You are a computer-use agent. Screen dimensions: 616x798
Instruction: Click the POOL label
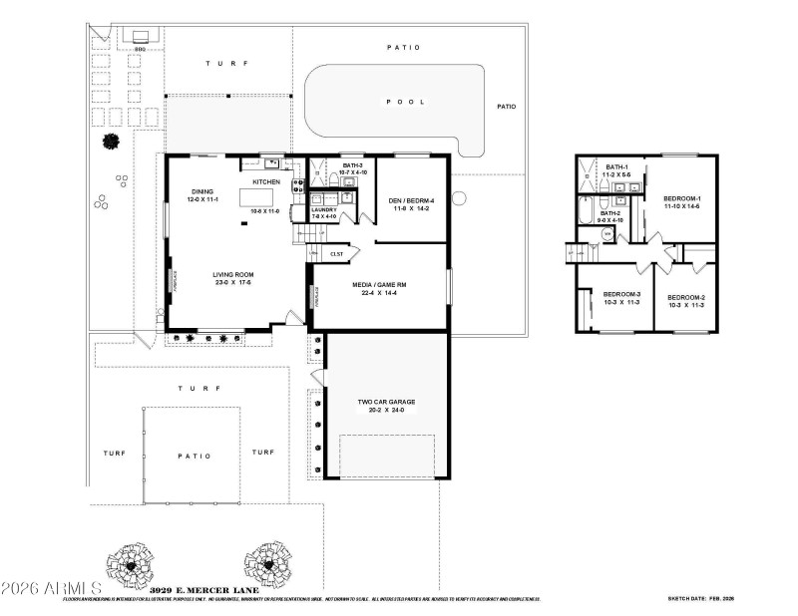coord(406,102)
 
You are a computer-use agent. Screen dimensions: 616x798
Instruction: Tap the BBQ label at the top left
coord(141,47)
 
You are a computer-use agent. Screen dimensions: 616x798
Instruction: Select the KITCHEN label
coord(265,182)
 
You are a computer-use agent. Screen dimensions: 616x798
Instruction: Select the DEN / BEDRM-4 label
coord(411,199)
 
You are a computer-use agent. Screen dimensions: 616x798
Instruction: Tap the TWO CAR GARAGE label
coord(387,402)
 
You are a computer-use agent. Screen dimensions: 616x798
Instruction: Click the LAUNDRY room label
coord(324,209)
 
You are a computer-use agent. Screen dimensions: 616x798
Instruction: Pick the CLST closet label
coord(337,254)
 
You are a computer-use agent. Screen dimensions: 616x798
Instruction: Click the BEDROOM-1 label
coord(682,199)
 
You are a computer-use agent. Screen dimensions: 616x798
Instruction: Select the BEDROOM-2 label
coord(686,297)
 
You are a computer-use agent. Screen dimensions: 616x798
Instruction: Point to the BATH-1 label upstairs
coord(616,166)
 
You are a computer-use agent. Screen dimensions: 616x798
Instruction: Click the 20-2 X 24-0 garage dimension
coord(387,410)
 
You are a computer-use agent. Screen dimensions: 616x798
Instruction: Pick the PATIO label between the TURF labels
coord(196,457)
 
